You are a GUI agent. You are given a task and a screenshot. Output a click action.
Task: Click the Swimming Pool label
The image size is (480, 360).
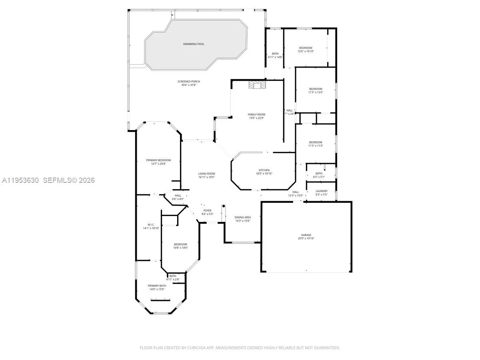tap(194, 44)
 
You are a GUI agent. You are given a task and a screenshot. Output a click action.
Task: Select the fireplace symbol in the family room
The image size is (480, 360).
tap(256, 85)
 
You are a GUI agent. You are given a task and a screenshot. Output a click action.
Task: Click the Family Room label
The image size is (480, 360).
tap(256, 114)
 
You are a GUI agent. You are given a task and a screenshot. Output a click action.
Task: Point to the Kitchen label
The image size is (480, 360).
tap(264, 170)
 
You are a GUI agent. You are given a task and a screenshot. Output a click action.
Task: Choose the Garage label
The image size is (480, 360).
tap(306, 235)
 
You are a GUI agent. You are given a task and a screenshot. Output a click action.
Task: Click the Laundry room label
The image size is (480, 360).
tap(321, 191)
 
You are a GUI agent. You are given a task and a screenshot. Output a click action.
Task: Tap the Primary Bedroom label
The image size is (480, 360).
tap(158, 160)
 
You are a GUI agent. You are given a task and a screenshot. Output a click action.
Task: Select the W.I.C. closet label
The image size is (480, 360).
tap(151, 225)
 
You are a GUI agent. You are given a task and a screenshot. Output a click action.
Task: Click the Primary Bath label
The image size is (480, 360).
tap(156, 286)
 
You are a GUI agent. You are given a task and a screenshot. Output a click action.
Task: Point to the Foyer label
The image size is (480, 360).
tap(207, 210)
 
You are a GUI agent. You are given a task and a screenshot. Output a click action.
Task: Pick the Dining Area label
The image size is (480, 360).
tap(242, 217)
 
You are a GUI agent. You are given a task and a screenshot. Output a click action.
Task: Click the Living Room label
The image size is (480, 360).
tap(206, 174)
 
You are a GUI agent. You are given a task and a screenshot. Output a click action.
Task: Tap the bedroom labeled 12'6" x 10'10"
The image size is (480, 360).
tap(306, 48)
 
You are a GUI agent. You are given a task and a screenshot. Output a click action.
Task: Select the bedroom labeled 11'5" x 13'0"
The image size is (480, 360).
tap(315, 89)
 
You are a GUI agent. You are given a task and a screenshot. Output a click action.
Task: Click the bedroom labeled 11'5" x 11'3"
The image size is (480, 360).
tap(315, 142)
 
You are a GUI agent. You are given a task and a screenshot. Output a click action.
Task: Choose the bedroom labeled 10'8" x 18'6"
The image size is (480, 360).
tap(180, 244)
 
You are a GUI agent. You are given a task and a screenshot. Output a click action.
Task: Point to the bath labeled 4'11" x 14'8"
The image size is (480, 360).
tap(275, 54)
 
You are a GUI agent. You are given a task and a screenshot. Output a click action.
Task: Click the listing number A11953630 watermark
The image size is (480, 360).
tap(20, 180)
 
